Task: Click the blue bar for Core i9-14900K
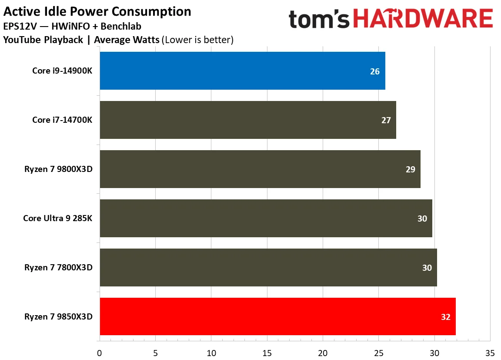pyautogui.click(x=242, y=71)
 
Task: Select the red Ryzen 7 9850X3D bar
pyautogui.click(x=277, y=316)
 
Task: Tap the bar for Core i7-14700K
pyautogui.click(x=248, y=120)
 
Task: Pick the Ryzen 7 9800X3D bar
pyautogui.click(x=260, y=169)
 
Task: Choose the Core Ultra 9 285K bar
pyautogui.click(x=266, y=219)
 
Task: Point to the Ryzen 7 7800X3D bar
pyautogui.click(x=268, y=268)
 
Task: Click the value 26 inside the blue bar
pyautogui.click(x=374, y=71)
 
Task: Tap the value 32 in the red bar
pyautogui.click(x=445, y=317)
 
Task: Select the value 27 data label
pyautogui.click(x=386, y=121)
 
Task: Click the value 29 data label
pyautogui.click(x=410, y=170)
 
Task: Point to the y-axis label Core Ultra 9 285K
pyautogui.click(x=58, y=219)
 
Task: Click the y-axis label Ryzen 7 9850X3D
pyautogui.click(x=58, y=316)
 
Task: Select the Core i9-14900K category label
pyautogui.click(x=62, y=71)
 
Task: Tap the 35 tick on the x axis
pyautogui.click(x=490, y=353)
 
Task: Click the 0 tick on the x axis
pyautogui.click(x=100, y=353)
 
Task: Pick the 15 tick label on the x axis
pyautogui.click(x=267, y=353)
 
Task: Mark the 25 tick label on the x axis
pyautogui.click(x=378, y=353)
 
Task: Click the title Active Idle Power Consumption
pyautogui.click(x=97, y=11)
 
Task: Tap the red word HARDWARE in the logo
pyautogui.click(x=423, y=20)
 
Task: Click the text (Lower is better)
pyautogui.click(x=197, y=40)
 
